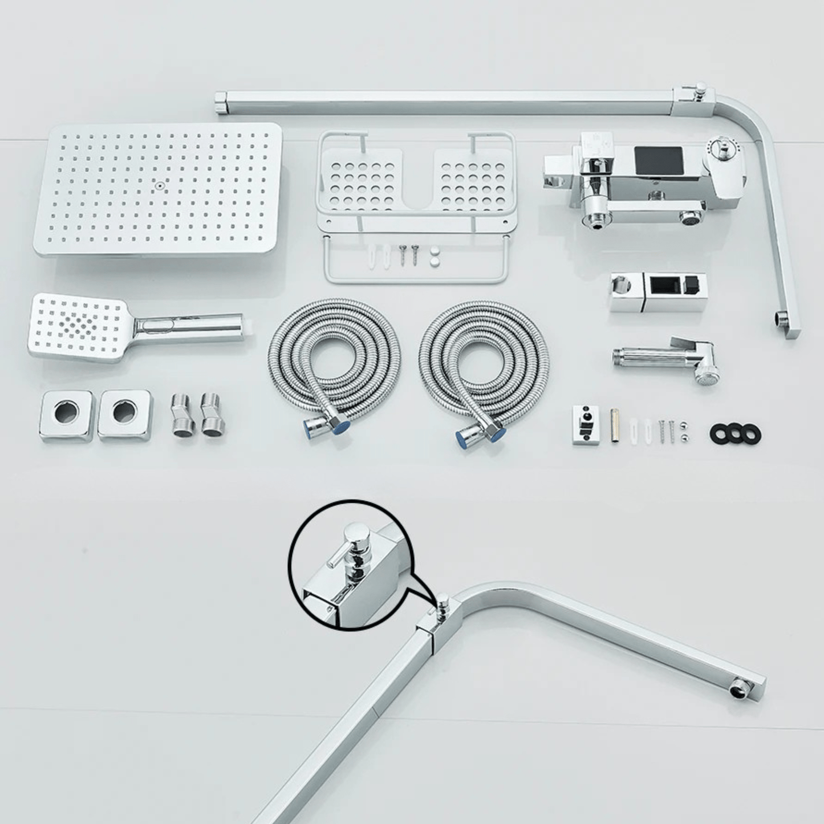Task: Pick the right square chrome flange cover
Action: click(125, 415)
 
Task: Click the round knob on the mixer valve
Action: click(723, 152)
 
